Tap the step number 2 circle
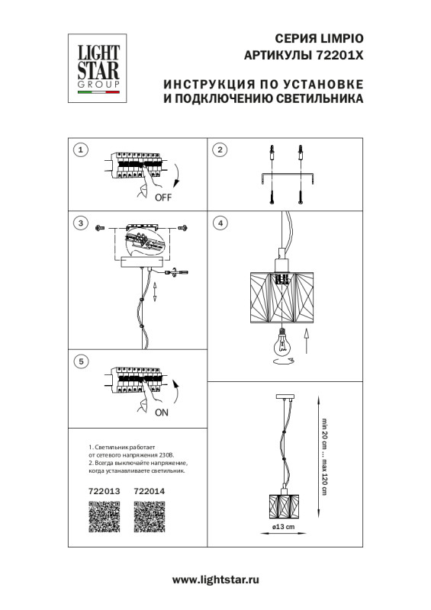[220, 149]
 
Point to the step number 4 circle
[220, 223]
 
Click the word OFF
[163, 197]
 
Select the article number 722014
[149, 491]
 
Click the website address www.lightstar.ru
[216, 579]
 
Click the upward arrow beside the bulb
[306, 343]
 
